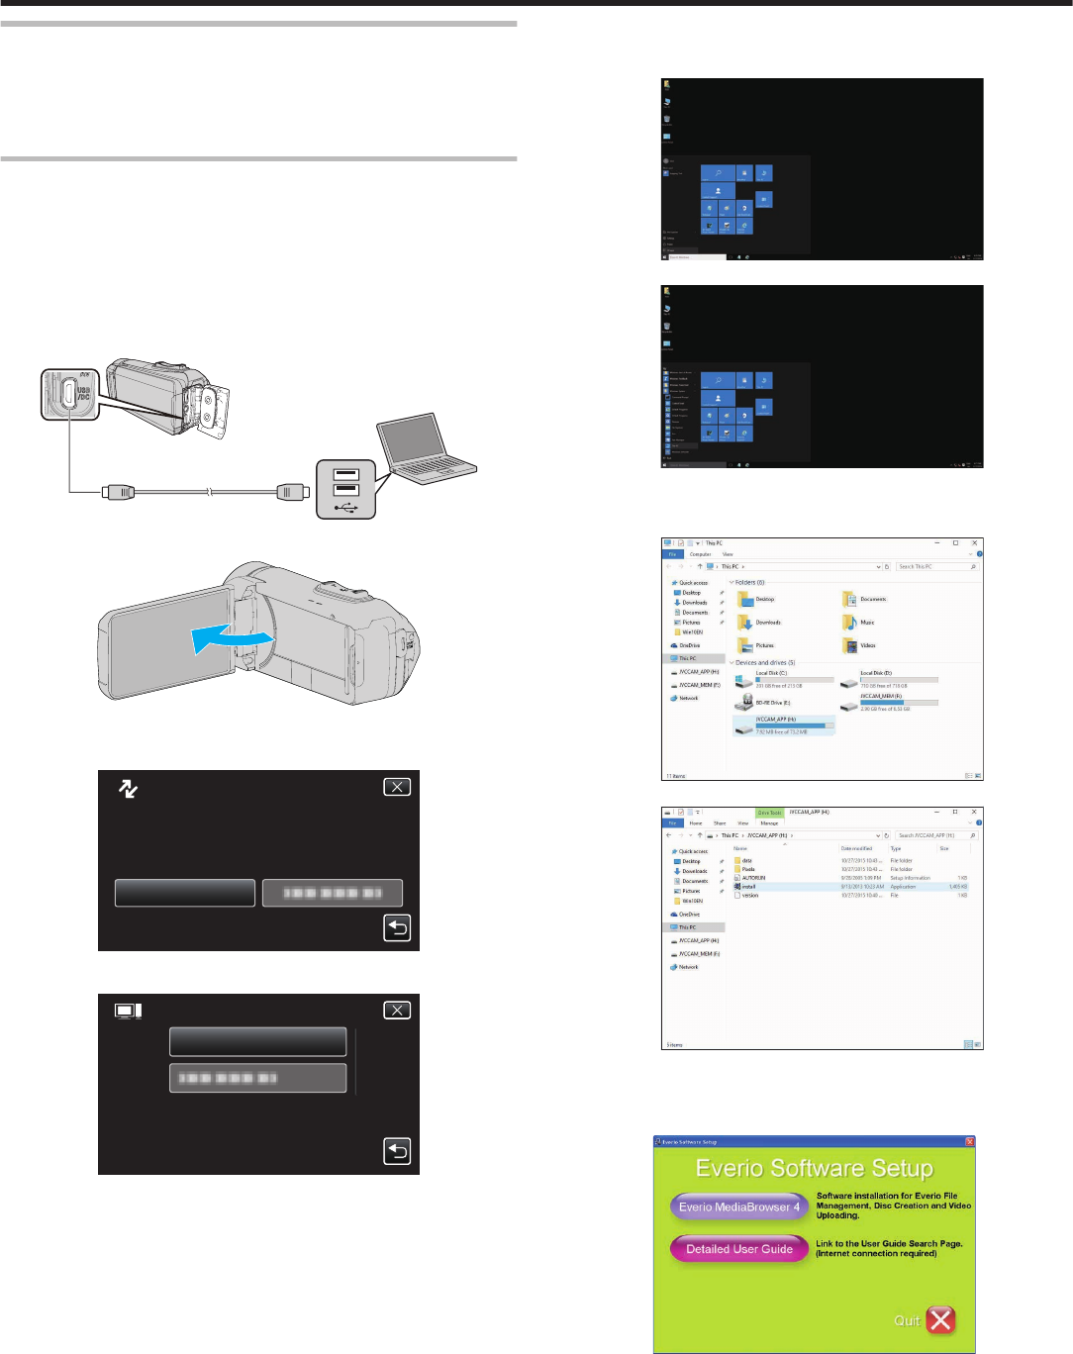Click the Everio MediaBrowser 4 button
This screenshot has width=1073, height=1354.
coord(738,1207)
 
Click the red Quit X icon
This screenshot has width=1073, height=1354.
coord(940,1319)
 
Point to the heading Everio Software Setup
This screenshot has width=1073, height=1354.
coord(814,1168)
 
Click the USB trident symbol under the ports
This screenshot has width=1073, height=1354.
coord(345,508)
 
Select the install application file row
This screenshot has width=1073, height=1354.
coord(749,887)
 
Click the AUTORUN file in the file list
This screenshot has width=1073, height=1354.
coord(753,878)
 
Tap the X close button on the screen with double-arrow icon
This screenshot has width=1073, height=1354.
coord(396,787)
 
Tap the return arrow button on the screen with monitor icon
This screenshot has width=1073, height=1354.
coord(396,1151)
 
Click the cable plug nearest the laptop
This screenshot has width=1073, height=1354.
coord(290,490)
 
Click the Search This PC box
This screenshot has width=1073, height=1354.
coord(934,567)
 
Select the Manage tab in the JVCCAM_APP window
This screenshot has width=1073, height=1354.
coord(769,823)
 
